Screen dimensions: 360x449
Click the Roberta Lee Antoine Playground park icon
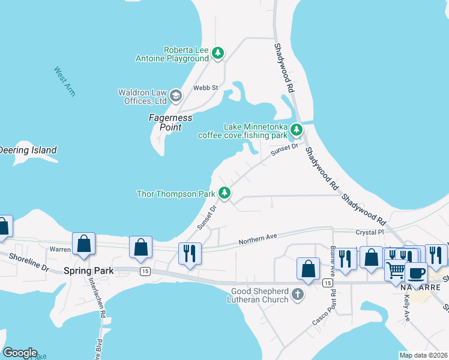(218, 53)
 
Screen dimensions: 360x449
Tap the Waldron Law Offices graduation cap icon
(175, 95)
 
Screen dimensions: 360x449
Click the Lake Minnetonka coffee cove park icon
(296, 130)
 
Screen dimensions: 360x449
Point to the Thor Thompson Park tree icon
(224, 193)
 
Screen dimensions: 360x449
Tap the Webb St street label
(205, 88)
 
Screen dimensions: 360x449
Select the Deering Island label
(28, 150)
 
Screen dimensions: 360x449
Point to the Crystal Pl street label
(369, 232)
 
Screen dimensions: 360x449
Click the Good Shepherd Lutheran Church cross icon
(298, 294)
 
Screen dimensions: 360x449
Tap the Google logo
(20, 353)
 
